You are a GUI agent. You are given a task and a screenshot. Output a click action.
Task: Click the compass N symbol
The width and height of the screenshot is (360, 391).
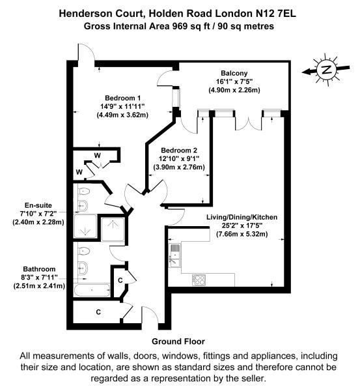click(326, 70)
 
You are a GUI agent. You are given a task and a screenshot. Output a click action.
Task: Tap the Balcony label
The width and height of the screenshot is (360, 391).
click(234, 73)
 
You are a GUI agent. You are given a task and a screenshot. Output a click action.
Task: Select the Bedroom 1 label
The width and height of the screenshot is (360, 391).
click(122, 98)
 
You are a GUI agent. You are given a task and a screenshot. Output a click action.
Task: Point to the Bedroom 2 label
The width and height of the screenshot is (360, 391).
click(179, 151)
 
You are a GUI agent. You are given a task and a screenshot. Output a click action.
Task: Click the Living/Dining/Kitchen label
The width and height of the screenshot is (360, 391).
click(242, 217)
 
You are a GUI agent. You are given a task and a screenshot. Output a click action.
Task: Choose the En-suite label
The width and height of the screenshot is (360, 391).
click(38, 205)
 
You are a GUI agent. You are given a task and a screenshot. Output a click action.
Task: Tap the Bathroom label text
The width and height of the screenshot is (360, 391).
click(39, 269)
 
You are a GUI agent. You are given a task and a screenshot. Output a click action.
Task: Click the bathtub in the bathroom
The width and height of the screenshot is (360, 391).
click(92, 290)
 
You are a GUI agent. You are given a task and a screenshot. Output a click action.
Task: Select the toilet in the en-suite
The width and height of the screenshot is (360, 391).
click(84, 191)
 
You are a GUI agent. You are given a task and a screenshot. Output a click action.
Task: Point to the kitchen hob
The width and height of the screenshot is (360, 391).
click(199, 280)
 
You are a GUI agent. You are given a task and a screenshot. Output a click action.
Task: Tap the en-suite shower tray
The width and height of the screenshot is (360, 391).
click(85, 225)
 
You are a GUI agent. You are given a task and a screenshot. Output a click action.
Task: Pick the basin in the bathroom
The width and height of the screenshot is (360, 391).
click(83, 268)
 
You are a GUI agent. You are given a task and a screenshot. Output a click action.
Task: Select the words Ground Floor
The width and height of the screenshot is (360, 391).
click(178, 341)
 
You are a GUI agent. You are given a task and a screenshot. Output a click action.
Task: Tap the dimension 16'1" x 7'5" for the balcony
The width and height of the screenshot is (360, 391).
click(234, 81)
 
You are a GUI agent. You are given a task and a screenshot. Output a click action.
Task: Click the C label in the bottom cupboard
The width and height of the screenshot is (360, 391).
click(98, 312)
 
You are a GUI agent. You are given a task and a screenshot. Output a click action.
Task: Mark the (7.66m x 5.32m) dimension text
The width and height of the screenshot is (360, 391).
click(242, 234)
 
